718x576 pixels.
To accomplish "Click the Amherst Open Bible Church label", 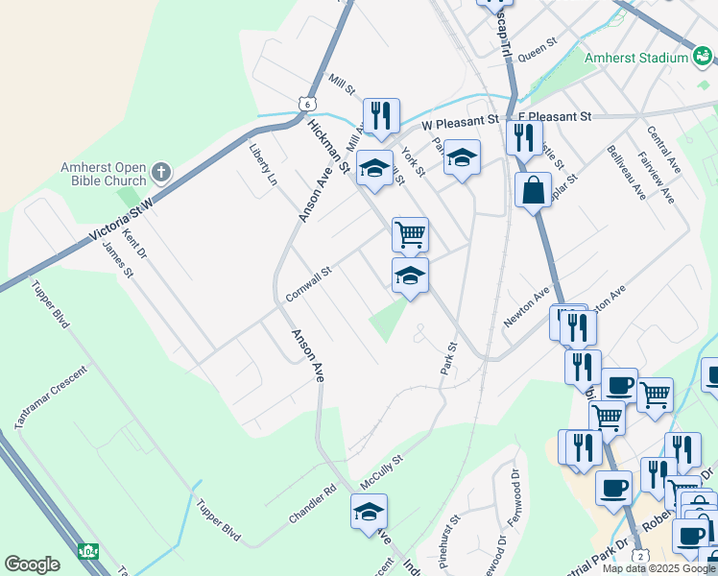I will (x=104, y=173).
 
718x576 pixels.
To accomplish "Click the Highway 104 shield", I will (x=88, y=552).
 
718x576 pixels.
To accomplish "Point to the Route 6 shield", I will (x=306, y=103).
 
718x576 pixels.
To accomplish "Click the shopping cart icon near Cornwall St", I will (x=410, y=233).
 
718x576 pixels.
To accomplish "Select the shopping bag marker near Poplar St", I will (x=533, y=190).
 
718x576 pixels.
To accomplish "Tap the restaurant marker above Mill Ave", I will (x=381, y=115).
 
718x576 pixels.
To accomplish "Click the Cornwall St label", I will (x=308, y=284).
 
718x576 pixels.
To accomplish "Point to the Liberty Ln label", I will (x=264, y=167).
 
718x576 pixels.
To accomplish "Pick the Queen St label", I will (x=538, y=50).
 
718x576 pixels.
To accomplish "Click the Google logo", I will (x=32, y=564).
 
